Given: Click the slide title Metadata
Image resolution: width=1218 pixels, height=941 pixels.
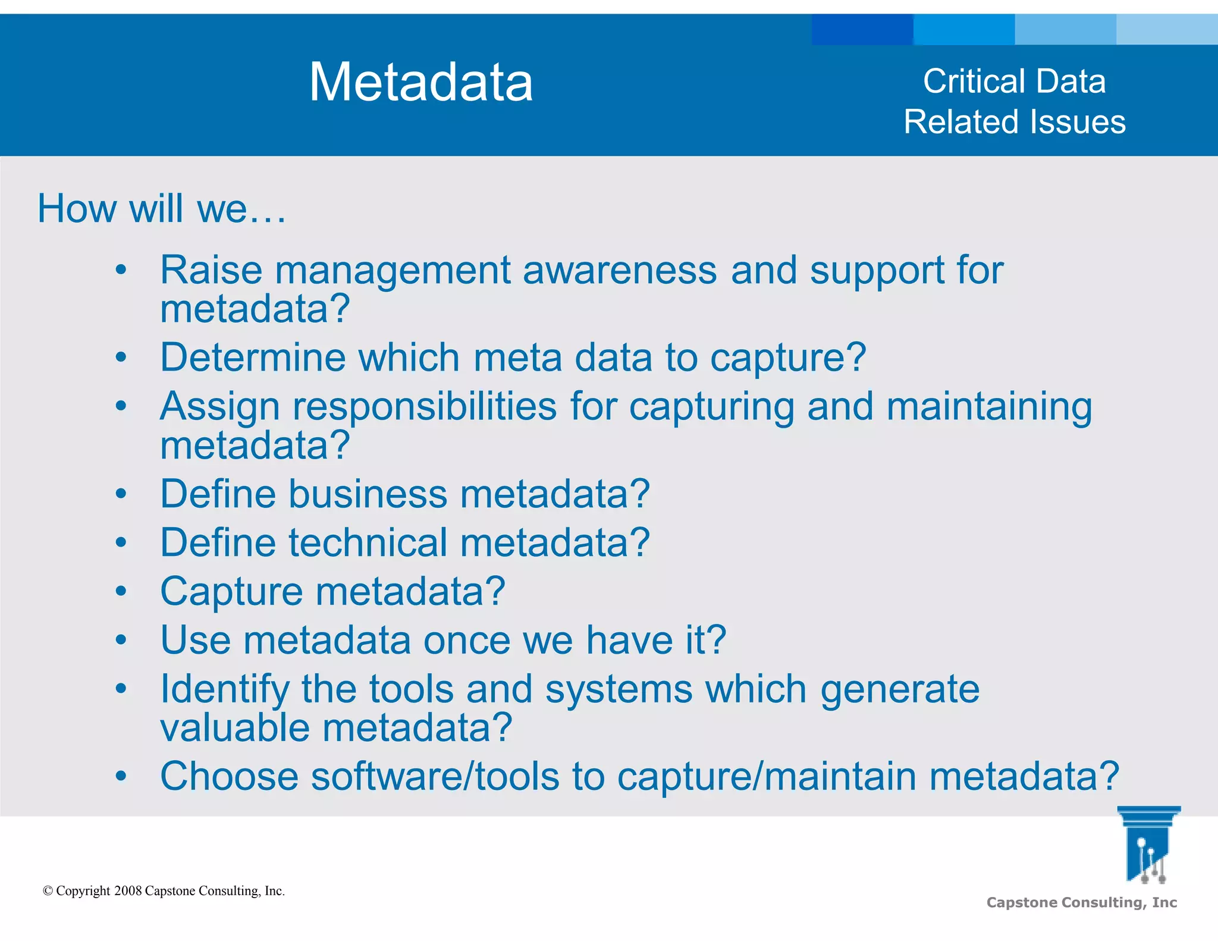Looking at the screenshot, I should point(420,82).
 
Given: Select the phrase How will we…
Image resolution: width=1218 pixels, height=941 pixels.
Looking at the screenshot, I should point(162,209).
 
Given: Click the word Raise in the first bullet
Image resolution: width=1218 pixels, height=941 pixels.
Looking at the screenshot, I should point(211,270).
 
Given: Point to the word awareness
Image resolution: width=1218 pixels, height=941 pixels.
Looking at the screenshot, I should point(620,270).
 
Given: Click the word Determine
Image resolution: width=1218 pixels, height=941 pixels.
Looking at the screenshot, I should point(253,357).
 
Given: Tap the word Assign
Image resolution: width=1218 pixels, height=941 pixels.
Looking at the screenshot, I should point(219,407).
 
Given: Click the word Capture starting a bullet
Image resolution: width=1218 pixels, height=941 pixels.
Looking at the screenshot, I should point(231,592).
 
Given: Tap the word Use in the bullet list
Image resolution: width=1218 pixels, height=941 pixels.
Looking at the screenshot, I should point(195,641).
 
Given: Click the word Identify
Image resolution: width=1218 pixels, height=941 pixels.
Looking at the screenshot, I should point(224,690).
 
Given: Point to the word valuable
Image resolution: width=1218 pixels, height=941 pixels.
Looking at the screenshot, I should point(235,728).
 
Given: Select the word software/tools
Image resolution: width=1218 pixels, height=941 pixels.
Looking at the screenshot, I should point(435,776).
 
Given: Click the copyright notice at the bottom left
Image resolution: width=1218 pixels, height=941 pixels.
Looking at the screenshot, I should point(164,891).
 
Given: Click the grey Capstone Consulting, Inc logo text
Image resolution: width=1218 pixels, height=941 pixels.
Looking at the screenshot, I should point(1081,902).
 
